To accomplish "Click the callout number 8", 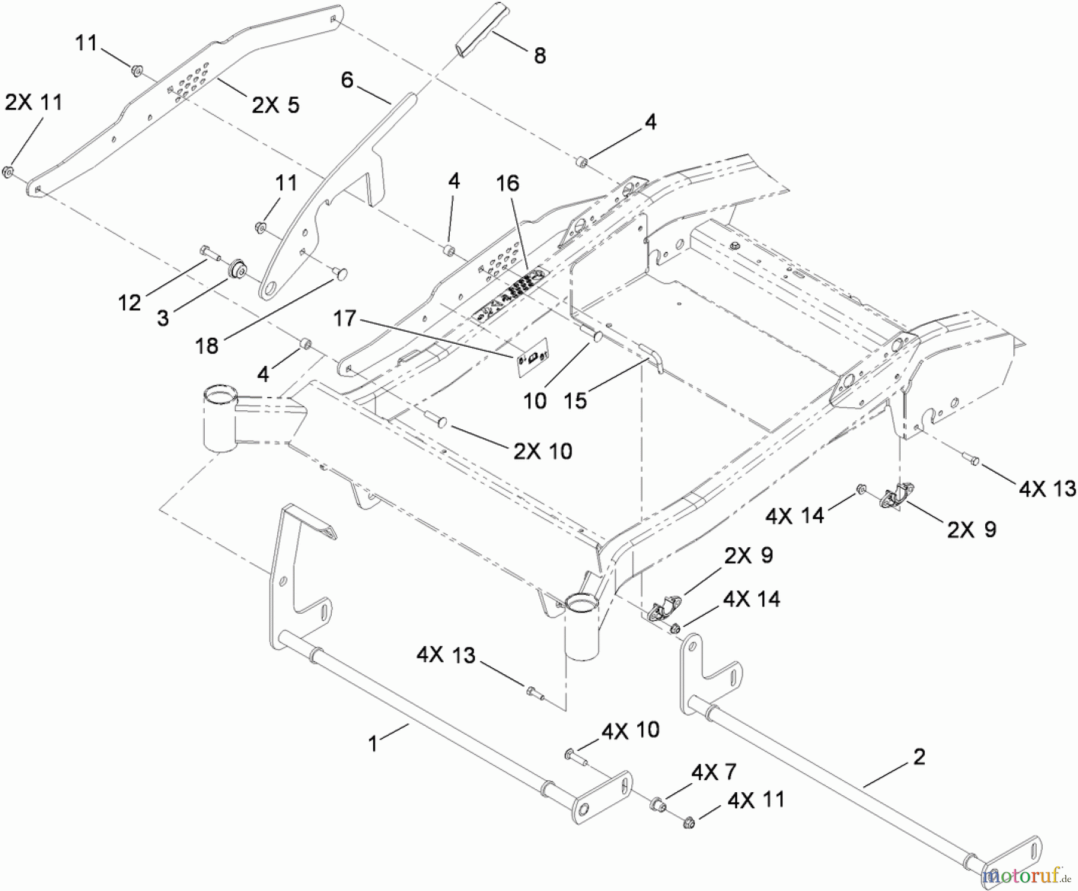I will [x=539, y=56].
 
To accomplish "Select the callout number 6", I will [x=347, y=80].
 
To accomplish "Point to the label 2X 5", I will [x=275, y=105].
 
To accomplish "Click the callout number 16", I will [x=507, y=183].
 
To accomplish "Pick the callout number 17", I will [x=344, y=319].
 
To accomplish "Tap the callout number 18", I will [x=207, y=346].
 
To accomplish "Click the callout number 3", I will [x=162, y=318].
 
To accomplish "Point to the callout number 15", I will [x=575, y=401].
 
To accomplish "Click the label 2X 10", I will [x=543, y=451].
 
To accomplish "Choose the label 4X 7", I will [x=713, y=772].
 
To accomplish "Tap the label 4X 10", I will [x=629, y=730].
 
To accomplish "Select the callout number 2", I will [x=919, y=757].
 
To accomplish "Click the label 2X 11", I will [x=34, y=102].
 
